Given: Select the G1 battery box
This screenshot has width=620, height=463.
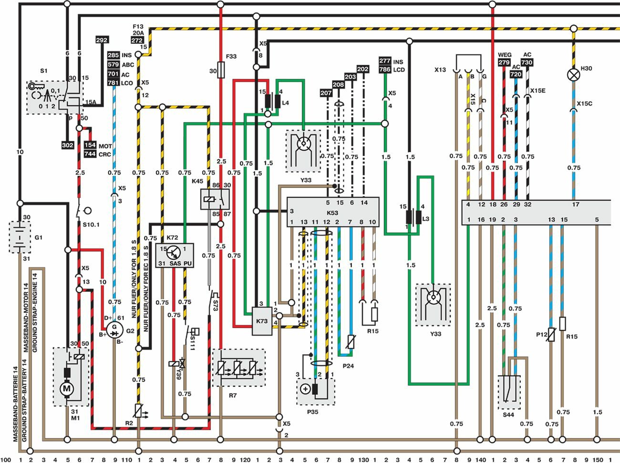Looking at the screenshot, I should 20,237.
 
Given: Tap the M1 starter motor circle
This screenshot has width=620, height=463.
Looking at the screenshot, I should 67,389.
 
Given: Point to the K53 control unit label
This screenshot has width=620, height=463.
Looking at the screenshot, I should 332,213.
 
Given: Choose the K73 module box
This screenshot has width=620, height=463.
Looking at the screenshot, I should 262,320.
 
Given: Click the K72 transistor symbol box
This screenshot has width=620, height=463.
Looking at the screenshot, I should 175,255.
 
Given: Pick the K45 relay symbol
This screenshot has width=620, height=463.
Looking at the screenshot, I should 215,199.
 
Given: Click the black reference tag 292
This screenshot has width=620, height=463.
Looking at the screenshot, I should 102,40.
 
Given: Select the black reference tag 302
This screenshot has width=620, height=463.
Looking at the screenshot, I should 68,145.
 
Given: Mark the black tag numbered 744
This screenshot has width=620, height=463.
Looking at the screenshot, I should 90,154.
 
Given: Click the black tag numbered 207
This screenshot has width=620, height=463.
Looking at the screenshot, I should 326,93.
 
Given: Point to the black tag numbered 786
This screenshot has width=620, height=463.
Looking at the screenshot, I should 385,70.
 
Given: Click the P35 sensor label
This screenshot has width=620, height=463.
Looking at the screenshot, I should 312,412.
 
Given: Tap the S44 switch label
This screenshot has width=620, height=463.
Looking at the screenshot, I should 508,415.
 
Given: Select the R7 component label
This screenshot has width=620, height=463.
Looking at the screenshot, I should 233,395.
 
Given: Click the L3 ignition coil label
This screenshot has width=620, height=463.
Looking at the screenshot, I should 426,219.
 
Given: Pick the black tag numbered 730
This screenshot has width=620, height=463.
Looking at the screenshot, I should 527,62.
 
